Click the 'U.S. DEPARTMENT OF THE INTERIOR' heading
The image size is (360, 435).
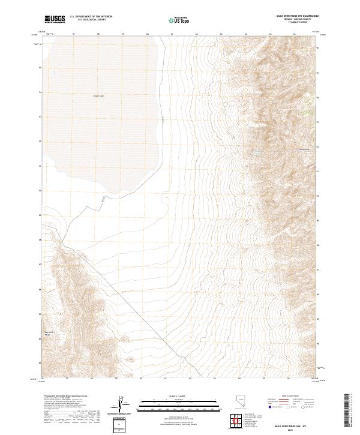pyautogui.click(x=91, y=17)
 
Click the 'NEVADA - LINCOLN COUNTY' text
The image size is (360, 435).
pyautogui.click(x=303, y=20)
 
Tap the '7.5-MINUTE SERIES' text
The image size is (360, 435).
pyautogui.click(x=303, y=23)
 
